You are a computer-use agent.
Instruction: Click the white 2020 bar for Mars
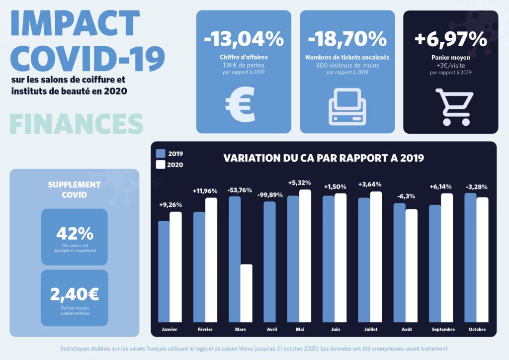coord(247,293)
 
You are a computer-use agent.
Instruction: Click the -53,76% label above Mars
coord(240,190)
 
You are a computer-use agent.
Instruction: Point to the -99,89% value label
coord(270,195)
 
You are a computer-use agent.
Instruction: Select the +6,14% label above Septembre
coord(440,187)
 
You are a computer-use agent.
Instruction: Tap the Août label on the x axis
coord(406,330)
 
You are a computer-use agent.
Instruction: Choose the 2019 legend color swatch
coord(161,154)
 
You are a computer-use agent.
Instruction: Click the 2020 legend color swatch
coord(161,165)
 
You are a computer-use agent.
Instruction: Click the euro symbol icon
coord(240,104)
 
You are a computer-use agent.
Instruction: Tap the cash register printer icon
coord(347,106)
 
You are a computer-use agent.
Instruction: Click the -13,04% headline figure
coord(244,39)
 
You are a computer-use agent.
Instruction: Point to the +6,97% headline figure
coord(451,39)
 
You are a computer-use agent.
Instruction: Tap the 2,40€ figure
coord(75,294)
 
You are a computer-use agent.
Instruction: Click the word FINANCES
coord(77,124)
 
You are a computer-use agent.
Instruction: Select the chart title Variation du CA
coord(324,159)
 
